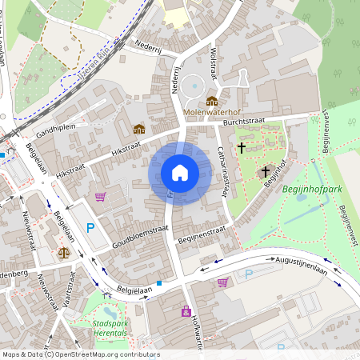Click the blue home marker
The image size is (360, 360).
(x=179, y=173)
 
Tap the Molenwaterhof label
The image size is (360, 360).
(x=212, y=113)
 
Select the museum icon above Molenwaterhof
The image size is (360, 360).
(x=212, y=101)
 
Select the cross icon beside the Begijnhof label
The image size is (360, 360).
(x=266, y=171)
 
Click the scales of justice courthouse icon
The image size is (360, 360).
(x=64, y=251)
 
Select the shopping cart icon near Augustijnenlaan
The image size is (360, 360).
(x=222, y=282)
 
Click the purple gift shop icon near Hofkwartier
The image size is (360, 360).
(x=186, y=310)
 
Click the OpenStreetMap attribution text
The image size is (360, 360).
(x=80, y=354)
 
